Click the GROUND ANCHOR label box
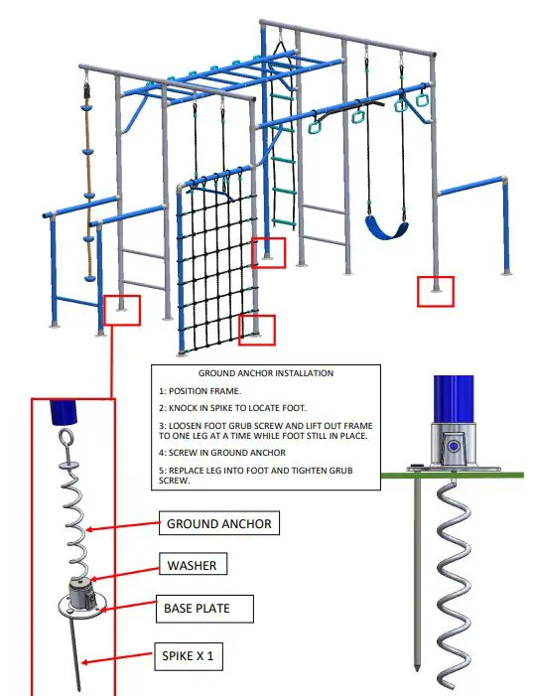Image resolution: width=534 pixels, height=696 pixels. [x=219, y=523]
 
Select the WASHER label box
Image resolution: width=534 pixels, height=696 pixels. [x=194, y=564]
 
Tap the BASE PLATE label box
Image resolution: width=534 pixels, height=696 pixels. [x=204, y=609]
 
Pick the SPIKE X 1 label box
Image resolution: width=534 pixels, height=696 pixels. [x=189, y=656]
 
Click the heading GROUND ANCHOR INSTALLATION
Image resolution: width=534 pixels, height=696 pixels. [x=265, y=373]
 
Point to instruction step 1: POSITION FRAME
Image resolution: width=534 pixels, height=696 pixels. [x=200, y=391]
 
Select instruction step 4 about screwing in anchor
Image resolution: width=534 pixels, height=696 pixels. [x=222, y=453]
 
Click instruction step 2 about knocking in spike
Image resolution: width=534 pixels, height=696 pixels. [x=232, y=408]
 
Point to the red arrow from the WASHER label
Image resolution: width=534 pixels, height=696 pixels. [x=125, y=574]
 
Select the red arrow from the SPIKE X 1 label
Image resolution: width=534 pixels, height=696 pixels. [x=117, y=658]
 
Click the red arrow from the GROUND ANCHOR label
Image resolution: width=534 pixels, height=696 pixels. [x=122, y=526]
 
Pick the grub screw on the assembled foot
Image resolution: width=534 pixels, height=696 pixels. [x=453, y=447]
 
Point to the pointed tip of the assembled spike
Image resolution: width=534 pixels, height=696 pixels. [x=417, y=668]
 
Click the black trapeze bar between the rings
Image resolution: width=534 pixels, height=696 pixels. [x=352, y=109]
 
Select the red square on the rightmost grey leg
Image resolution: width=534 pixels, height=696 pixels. [x=436, y=292]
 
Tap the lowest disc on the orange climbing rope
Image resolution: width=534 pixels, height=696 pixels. [x=89, y=278]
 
